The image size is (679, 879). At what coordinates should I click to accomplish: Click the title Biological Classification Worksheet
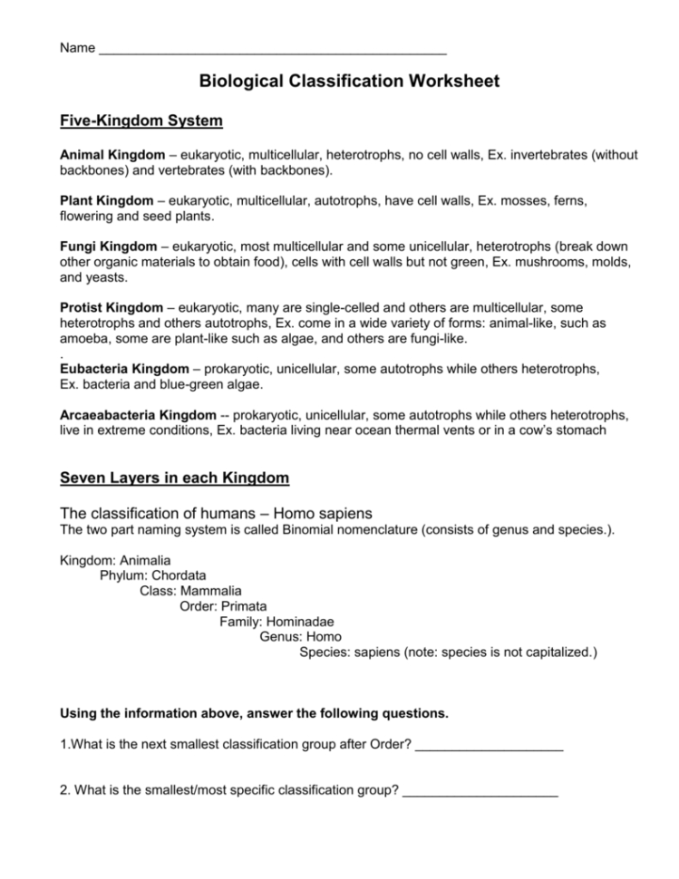[x=349, y=82]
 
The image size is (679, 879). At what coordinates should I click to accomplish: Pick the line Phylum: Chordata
[x=152, y=575]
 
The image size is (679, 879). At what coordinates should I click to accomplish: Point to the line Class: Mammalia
[x=190, y=591]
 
